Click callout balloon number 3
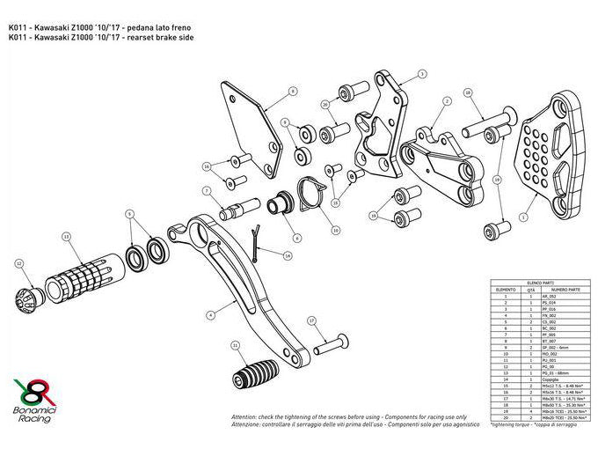coord(422,75)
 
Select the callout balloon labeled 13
coord(66,237)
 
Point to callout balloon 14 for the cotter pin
coord(288,254)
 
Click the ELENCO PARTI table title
coord(534,279)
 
